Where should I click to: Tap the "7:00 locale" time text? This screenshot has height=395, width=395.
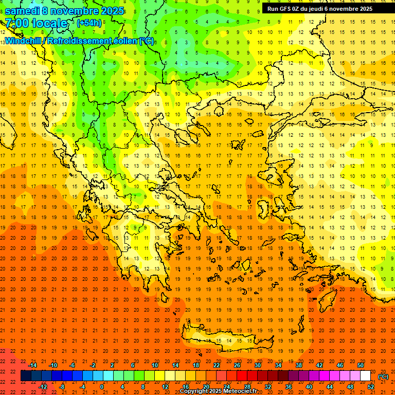coord(36,24)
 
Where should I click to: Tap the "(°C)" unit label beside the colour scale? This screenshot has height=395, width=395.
coord(383,376)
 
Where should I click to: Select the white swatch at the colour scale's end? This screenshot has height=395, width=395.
coord(365,376)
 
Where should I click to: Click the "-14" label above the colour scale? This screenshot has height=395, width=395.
coord(33,365)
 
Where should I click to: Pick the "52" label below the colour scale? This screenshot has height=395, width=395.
coord(371,387)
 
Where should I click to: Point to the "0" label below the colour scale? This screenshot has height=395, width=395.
coord(102,387)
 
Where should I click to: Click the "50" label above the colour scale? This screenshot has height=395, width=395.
coord(361,365)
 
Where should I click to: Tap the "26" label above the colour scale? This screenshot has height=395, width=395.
coord(237,365)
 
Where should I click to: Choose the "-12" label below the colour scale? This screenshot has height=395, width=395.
coord(43,387)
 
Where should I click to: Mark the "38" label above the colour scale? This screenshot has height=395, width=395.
coord(299,365)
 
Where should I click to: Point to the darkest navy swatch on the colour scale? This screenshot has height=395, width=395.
coord(26,376)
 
